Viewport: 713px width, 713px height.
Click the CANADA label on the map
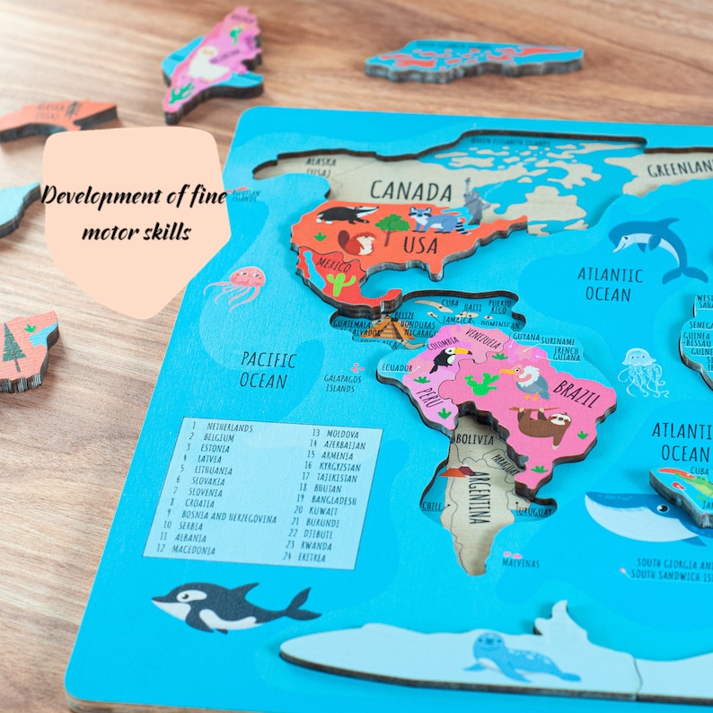tap(410, 190)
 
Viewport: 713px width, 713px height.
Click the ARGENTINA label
tap(478, 497)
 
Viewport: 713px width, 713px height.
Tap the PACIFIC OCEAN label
tap(267, 370)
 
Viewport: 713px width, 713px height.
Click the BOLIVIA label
tap(474, 441)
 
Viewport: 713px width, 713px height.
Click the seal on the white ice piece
tap(519, 656)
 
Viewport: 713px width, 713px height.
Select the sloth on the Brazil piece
tap(541, 424)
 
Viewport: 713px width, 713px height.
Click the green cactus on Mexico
tap(340, 285)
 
